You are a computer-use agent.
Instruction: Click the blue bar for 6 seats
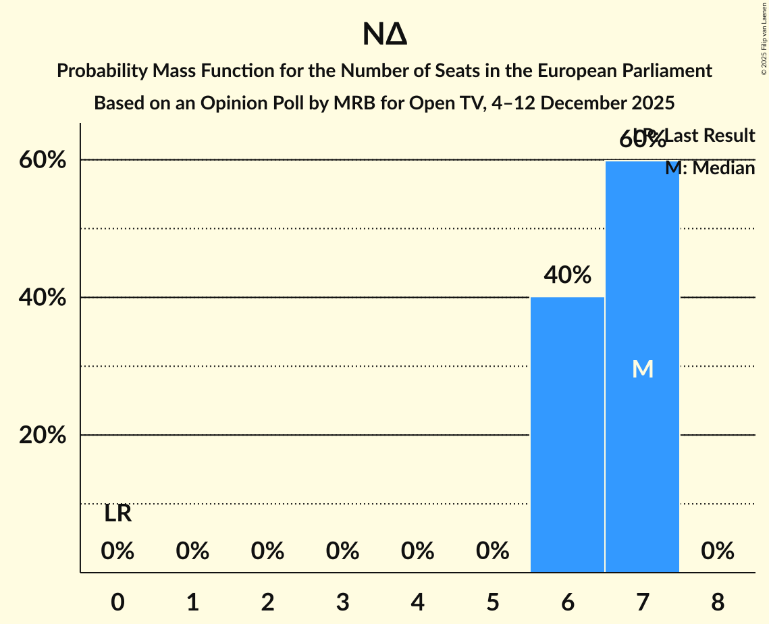pyautogui.click(x=567, y=435)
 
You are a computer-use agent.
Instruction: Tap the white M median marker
pyautogui.click(x=642, y=369)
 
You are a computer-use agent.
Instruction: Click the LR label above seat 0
pyautogui.click(x=117, y=514)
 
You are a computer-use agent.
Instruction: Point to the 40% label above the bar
pyautogui.click(x=567, y=275)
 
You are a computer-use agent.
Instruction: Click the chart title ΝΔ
pyautogui.click(x=384, y=35)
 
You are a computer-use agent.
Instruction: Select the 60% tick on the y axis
pyautogui.click(x=43, y=160)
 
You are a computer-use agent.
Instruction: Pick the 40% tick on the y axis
pyautogui.click(x=43, y=298)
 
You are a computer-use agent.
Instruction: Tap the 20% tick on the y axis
pyautogui.click(x=43, y=436)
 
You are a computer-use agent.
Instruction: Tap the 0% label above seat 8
pyautogui.click(x=717, y=552)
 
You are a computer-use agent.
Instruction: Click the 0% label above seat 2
pyautogui.click(x=267, y=552)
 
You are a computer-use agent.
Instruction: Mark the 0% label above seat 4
pyautogui.click(x=417, y=552)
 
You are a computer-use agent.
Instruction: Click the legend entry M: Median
pyautogui.click(x=710, y=168)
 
